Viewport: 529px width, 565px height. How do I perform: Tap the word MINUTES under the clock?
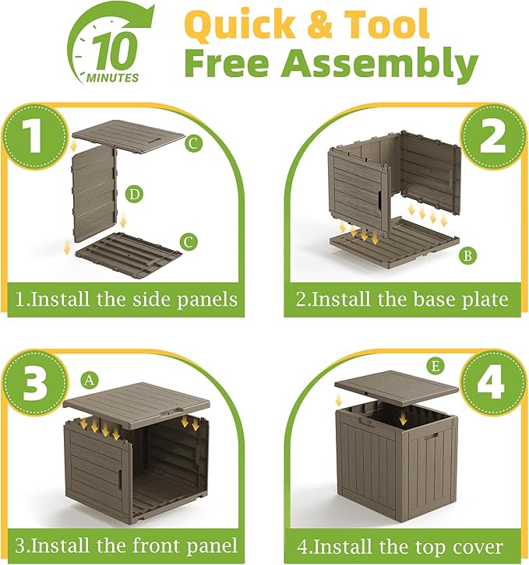(x=112, y=78)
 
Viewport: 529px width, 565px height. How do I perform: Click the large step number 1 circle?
(x=36, y=137)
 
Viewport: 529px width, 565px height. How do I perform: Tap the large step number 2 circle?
(x=494, y=137)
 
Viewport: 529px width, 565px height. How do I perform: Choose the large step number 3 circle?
(x=36, y=383)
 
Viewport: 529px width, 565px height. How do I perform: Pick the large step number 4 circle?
(x=494, y=383)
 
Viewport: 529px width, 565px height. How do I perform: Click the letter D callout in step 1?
(x=134, y=195)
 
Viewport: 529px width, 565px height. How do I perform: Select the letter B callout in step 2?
(x=467, y=256)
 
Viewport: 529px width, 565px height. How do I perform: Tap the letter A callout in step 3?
(x=90, y=380)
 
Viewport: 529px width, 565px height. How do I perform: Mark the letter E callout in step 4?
(x=436, y=367)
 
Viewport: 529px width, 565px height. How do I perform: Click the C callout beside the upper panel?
(x=194, y=143)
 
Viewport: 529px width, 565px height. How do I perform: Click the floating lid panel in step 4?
(x=397, y=388)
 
